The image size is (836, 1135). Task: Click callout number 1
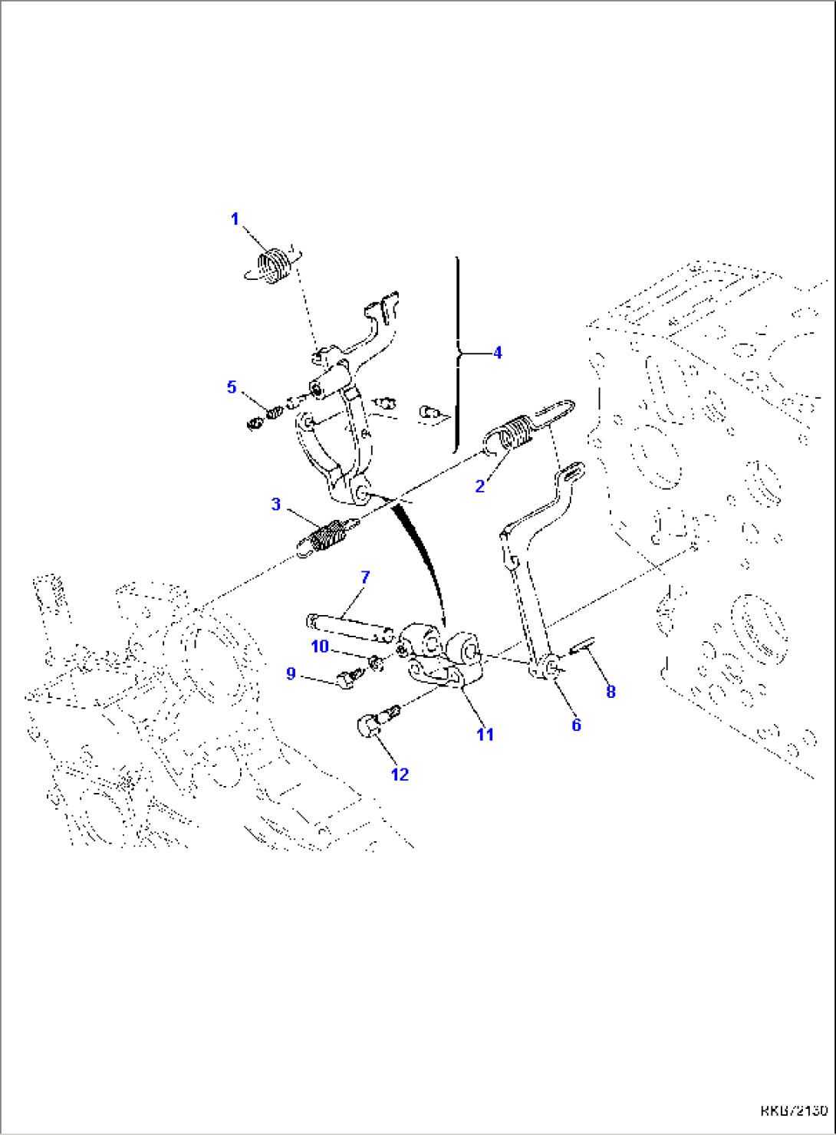tap(235, 219)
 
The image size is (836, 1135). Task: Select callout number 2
tap(480, 486)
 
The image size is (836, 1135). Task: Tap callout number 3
tap(276, 505)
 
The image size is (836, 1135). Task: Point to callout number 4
tap(498, 353)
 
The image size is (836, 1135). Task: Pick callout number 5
tap(232, 387)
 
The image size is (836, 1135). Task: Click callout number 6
tap(576, 725)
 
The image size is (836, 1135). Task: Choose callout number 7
tap(365, 577)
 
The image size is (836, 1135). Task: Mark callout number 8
tap(611, 692)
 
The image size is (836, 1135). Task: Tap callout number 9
tap(291, 674)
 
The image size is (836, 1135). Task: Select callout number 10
tap(320, 646)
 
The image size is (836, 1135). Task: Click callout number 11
tap(485, 734)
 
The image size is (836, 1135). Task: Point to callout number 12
tap(400, 775)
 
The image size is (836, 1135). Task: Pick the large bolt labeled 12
tap(374, 723)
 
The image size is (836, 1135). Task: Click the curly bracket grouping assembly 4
tap(459, 354)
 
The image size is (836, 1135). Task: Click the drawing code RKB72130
tap(794, 1110)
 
